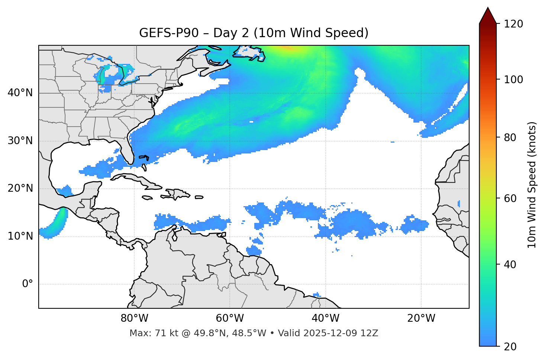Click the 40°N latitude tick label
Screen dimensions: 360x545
pyautogui.click(x=20, y=93)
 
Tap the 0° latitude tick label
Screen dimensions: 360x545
pyautogui.click(x=27, y=284)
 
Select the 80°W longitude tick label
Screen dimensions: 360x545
pyautogui.click(x=134, y=318)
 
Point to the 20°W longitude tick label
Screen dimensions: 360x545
pyautogui.click(x=421, y=318)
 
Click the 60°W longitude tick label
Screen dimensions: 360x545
pyautogui.click(x=230, y=318)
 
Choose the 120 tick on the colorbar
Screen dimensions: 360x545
pyautogui.click(x=513, y=24)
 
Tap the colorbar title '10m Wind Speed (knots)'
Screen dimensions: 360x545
pyautogui.click(x=532, y=185)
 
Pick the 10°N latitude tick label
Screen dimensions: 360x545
pyautogui.click(x=20, y=236)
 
